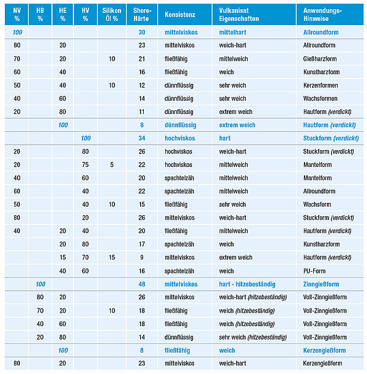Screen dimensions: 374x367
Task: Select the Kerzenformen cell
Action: click(321, 85)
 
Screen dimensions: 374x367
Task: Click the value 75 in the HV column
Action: click(85, 165)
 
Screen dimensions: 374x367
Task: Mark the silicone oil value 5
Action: click(112, 165)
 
